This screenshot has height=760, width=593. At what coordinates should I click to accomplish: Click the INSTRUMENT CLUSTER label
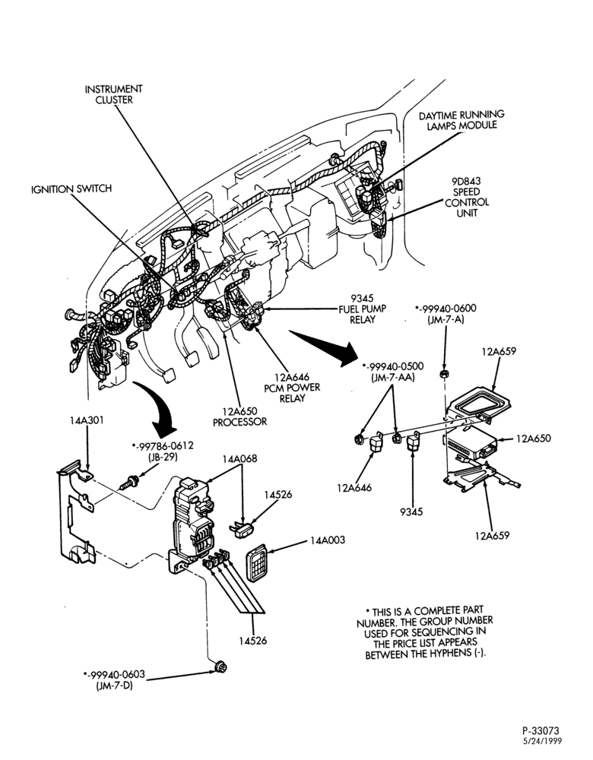pyautogui.click(x=113, y=94)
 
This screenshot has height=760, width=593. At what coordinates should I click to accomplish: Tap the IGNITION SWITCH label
pyautogui.click(x=71, y=188)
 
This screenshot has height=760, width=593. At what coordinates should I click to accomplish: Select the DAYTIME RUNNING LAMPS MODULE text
pyautogui.click(x=461, y=120)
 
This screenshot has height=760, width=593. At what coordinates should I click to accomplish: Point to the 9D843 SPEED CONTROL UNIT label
pyautogui.click(x=467, y=197)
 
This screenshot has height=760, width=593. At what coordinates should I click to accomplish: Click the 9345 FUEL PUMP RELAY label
pyautogui.click(x=362, y=309)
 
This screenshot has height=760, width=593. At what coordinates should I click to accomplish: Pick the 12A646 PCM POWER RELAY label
pyautogui.click(x=292, y=388)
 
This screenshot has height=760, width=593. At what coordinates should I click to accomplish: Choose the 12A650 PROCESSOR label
pyautogui.click(x=239, y=416)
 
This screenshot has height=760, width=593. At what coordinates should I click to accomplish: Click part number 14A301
pyautogui.click(x=86, y=420)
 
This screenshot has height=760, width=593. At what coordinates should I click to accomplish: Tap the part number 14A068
pyautogui.click(x=240, y=458)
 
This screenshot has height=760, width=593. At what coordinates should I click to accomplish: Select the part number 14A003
pyautogui.click(x=328, y=540)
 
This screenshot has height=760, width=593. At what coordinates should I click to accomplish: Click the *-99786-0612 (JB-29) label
pyautogui.click(x=163, y=451)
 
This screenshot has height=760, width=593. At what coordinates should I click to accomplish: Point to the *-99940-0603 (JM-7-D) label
pyautogui.click(x=114, y=680)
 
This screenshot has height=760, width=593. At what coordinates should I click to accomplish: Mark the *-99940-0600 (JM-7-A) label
pyautogui.click(x=446, y=314)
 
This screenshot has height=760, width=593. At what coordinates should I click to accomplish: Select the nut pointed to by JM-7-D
pyautogui.click(x=221, y=667)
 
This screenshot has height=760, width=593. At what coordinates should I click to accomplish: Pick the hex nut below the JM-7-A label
pyautogui.click(x=443, y=374)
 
